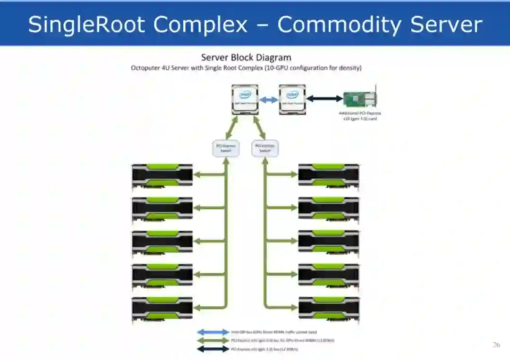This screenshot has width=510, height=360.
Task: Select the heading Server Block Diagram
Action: tap(246, 58)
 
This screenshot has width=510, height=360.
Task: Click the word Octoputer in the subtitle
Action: tap(145, 68)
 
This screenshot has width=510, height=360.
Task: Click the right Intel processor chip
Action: tap(292, 99)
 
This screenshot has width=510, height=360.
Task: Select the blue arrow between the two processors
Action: tap(269, 100)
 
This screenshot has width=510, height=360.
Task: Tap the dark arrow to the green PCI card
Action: tap(324, 99)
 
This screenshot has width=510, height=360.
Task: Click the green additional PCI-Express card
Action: tap(360, 99)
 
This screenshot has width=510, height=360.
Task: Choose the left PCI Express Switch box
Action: tap(226, 149)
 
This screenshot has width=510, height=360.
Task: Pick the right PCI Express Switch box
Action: tap(265, 149)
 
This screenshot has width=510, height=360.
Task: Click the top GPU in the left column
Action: tap(162, 175)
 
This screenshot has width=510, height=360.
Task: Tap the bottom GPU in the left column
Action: tap(162, 308)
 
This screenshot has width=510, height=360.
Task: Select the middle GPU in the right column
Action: tap(329, 241)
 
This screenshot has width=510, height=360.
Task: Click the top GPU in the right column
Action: tap(329, 175)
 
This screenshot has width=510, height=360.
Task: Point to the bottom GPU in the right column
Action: tap(329, 308)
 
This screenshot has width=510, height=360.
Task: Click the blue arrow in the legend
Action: tap(213, 332)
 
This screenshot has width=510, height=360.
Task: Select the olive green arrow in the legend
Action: tap(213, 340)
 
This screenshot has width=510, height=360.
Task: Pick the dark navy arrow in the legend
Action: tap(213, 349)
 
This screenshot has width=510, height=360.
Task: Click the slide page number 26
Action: tap(496, 345)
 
